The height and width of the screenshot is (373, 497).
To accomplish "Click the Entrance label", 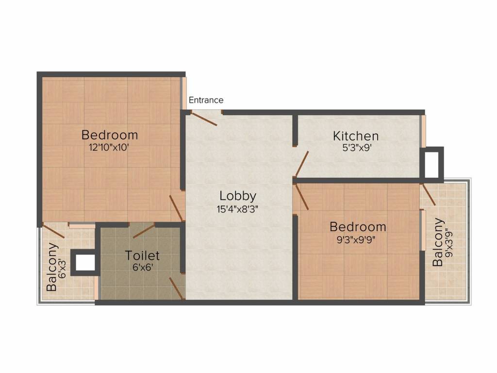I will point(206,100).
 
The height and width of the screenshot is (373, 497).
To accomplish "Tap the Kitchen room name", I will point(355,136).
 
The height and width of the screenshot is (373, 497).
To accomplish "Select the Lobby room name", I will point(237,196).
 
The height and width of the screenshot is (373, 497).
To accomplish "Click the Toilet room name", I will point(142,255).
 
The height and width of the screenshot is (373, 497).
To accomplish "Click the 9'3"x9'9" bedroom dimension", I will point(358,239).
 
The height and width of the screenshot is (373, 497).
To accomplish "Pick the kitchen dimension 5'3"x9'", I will point(356,148).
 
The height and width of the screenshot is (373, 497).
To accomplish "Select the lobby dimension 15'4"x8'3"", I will point(237,209).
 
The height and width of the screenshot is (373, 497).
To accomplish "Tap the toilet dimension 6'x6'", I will point(142,267).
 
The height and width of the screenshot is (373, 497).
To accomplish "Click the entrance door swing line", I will point(203,119).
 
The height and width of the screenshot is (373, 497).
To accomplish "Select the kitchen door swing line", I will point(301,164).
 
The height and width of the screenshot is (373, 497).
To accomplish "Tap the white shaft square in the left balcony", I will point(85,262).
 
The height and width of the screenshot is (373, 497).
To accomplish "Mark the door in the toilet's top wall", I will point(144,231).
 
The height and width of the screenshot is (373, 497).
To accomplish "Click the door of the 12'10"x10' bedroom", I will point(176,208).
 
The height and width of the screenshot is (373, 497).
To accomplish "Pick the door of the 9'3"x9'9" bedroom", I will point(301,196).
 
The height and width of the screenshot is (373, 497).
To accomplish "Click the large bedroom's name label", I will point(109,135).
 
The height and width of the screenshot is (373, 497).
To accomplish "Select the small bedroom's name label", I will point(358,226).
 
